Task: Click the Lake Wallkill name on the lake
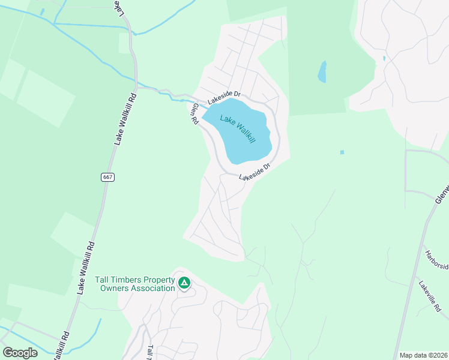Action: [x=238, y=128]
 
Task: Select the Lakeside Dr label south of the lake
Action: [x=255, y=172]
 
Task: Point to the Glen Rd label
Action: [x=194, y=113]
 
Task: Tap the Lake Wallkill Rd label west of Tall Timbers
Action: [x=86, y=267]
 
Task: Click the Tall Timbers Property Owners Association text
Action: [x=134, y=284]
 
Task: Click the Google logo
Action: [x=20, y=352]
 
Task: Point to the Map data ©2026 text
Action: [x=423, y=355]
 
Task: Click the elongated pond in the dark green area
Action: [x=322, y=72]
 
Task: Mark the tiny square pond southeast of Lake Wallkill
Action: [x=342, y=152]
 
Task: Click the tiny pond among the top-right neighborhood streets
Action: [x=384, y=59]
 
